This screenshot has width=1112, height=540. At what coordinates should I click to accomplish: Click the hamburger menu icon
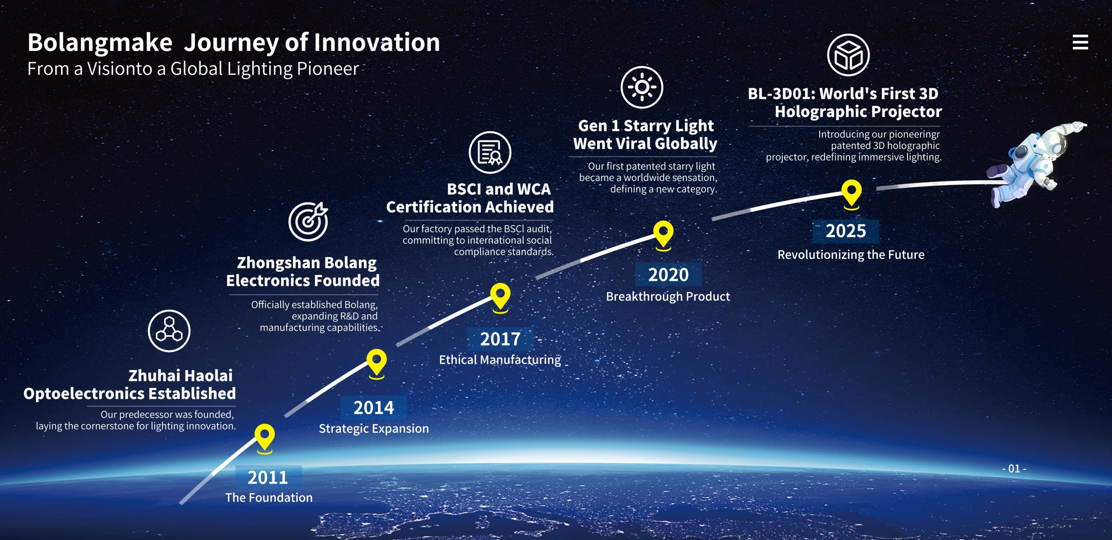point(1080,42)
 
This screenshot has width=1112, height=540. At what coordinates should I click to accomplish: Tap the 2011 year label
point(268,477)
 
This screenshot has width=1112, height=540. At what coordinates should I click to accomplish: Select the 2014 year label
point(374,407)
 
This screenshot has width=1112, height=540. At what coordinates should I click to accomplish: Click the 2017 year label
point(500,339)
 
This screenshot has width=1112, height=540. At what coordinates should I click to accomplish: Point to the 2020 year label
point(668,275)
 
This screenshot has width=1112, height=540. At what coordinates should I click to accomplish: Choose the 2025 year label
point(846,231)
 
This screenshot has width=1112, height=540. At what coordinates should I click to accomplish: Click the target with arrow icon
point(308,221)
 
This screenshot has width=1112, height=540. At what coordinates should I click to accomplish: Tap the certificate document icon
point(490,152)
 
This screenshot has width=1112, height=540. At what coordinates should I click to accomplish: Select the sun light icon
point(642,87)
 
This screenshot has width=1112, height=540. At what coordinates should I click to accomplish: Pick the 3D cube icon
point(848,55)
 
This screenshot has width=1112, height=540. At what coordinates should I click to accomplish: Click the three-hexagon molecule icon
point(169,331)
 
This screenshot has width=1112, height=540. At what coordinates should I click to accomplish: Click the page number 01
point(1014,468)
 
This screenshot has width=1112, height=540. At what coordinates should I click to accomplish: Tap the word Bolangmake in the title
point(100,43)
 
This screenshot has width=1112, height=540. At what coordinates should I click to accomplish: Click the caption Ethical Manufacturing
point(500,360)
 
